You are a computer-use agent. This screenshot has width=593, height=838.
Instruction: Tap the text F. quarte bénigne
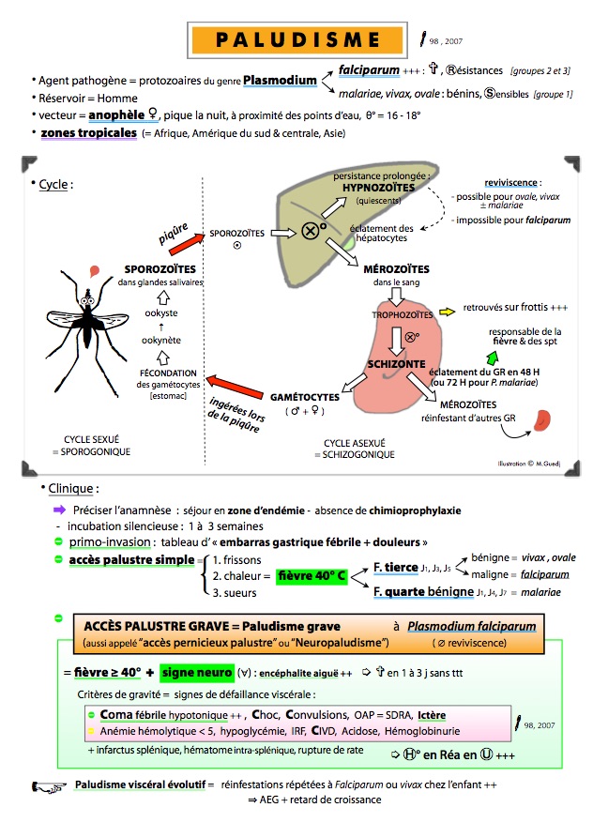tap(422, 591)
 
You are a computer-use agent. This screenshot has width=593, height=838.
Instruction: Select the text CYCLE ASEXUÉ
tap(348, 441)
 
